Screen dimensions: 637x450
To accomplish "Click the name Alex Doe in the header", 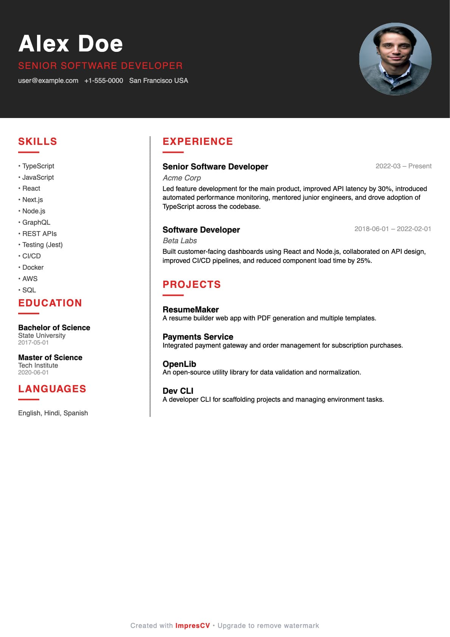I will (71, 44).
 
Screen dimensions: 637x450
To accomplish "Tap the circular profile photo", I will (395, 59).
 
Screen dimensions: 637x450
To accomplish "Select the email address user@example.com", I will (48, 81).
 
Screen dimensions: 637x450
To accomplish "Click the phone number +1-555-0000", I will (104, 81).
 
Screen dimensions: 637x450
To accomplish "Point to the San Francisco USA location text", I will (158, 81).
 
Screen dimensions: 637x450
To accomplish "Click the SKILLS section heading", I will (38, 141).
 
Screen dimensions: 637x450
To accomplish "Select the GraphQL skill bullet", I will (36, 222).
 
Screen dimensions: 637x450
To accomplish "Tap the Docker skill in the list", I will (33, 267).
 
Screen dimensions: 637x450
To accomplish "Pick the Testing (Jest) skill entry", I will (42, 245).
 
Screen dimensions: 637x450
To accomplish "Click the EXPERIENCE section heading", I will (198, 141).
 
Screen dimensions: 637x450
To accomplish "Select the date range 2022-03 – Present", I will (403, 166).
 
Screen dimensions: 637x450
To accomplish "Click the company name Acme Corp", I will (182, 178).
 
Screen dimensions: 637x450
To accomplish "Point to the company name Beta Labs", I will (180, 241).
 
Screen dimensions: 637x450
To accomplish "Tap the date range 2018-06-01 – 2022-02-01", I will (393, 229).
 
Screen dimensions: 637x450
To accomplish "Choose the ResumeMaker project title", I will (190, 310).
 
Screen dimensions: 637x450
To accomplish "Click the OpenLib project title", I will (179, 364).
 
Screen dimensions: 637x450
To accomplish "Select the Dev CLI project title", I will (178, 391).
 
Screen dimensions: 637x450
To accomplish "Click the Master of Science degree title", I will (50, 357).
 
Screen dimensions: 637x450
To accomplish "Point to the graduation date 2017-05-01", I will (33, 343).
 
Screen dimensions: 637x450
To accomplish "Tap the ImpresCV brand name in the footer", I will (192, 626).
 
